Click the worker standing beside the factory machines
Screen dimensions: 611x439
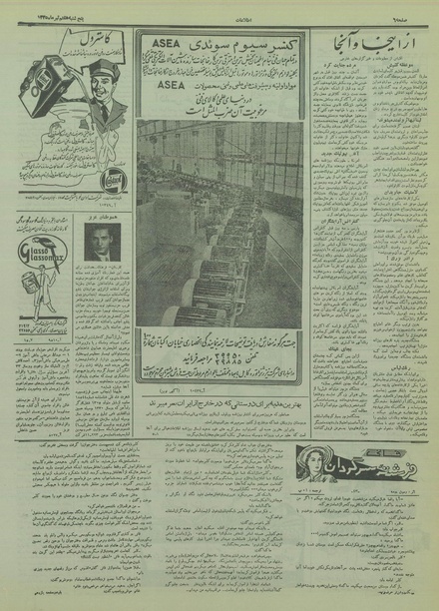[x=262, y=234]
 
